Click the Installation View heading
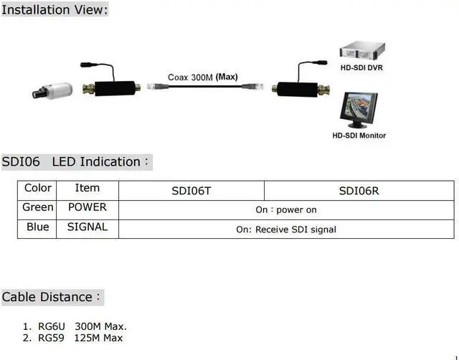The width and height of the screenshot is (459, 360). coord(55,10)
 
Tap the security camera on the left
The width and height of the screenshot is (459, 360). coord(53,90)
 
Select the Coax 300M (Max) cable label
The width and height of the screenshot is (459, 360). coord(203,77)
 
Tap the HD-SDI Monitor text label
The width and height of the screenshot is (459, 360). coord(359,136)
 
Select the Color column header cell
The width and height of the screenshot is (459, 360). coord(38,188)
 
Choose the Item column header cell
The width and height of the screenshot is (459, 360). coord(87,188)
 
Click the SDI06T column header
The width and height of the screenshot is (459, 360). coord(191,191)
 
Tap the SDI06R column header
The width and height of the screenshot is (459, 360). coord(359,191)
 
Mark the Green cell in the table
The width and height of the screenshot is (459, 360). coord(38,207)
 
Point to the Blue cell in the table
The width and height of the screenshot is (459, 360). coord(38,227)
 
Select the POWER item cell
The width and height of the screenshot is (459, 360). coord(87,207)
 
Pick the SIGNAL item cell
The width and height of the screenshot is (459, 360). coord(87,227)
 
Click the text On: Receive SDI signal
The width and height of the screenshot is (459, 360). coord(286,229)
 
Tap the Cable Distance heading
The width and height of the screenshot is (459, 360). coord(52,297)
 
